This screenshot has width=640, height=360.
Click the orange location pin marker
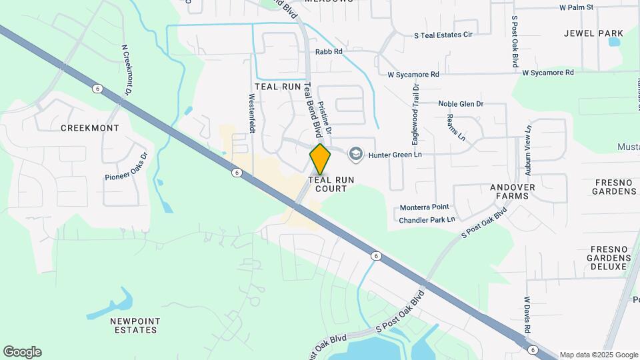tap(321, 159)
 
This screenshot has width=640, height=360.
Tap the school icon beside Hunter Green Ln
tap(355, 154)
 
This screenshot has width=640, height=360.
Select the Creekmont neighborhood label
tap(90, 127)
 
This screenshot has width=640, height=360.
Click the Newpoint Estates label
tap(135, 325)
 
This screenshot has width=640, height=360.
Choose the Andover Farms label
tap(513, 191)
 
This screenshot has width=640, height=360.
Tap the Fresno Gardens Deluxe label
tap(609, 257)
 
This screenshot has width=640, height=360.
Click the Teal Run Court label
tap(331, 184)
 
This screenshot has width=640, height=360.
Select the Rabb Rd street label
tap(329, 51)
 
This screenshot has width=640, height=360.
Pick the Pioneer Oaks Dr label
tap(125, 167)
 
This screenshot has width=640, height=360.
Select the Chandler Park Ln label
tap(427, 219)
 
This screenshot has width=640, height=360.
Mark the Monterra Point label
tap(425, 207)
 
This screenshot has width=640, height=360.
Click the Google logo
tap(22, 352)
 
